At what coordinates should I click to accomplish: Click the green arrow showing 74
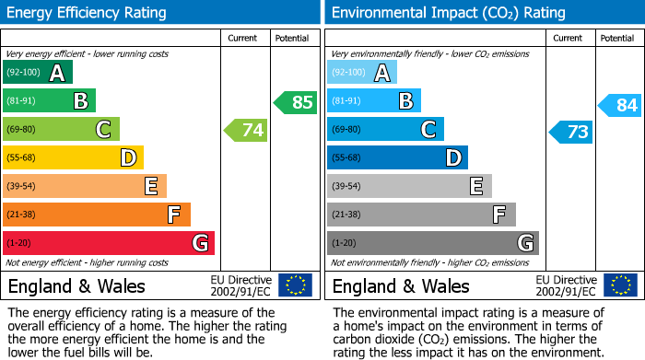pyautogui.click(x=246, y=131)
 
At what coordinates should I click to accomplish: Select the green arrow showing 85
pyautogui.click(x=296, y=102)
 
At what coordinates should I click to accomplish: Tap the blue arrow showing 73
pyautogui.click(x=570, y=132)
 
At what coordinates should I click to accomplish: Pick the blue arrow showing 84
pyautogui.click(x=620, y=105)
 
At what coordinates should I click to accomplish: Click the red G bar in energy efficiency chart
pyautogui.click(x=109, y=243)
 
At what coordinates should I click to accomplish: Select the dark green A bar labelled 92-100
pyautogui.click(x=38, y=73)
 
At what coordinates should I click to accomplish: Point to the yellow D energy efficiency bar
pyautogui.click(x=73, y=158)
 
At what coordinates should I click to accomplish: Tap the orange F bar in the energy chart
pyautogui.click(x=97, y=215)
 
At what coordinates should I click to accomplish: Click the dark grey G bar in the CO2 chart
pyautogui.click(x=432, y=243)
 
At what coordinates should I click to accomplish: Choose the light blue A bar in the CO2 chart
pyautogui.click(x=362, y=73)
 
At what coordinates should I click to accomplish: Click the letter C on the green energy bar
pyautogui.click(x=104, y=130)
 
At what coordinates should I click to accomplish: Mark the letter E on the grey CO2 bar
pyautogui.click(x=476, y=187)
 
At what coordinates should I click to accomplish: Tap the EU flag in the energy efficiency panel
pyautogui.click(x=295, y=285)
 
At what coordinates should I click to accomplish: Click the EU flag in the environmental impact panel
pyautogui.click(x=620, y=285)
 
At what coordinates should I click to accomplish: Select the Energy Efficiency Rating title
pyautogui.click(x=88, y=13)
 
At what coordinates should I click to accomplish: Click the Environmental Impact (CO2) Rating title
pyautogui.click(x=448, y=13)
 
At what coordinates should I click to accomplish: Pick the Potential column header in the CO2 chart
pyautogui.click(x=617, y=38)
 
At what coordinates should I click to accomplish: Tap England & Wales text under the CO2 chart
pyautogui.click(x=401, y=285)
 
